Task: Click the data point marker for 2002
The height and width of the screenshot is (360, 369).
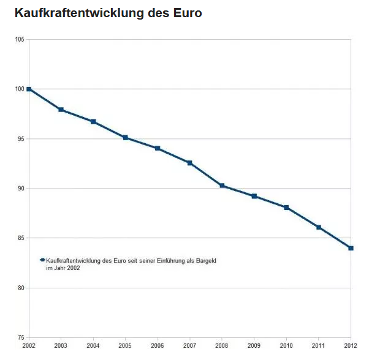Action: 29,89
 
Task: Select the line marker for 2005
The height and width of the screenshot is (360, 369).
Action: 126,138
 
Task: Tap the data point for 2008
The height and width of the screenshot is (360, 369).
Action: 222,186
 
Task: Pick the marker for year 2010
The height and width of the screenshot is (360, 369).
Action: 286,208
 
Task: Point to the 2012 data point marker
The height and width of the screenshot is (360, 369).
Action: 351,248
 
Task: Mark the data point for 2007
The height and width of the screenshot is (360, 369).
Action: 190,163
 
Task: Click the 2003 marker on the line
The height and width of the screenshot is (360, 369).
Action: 61,110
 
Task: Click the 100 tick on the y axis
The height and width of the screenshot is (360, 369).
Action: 20,89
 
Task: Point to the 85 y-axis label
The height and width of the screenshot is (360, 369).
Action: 21,238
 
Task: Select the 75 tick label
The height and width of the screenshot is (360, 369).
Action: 21,337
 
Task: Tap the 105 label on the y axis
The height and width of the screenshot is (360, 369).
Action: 20,40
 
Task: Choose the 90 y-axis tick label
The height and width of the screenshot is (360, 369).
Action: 21,189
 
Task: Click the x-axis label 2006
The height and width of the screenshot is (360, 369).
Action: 158,346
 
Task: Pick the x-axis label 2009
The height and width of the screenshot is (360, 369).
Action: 254,346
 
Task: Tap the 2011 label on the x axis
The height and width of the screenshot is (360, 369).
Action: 319,346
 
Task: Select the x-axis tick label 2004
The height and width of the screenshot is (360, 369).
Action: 93,346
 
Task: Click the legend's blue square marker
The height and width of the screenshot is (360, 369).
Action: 43,260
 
